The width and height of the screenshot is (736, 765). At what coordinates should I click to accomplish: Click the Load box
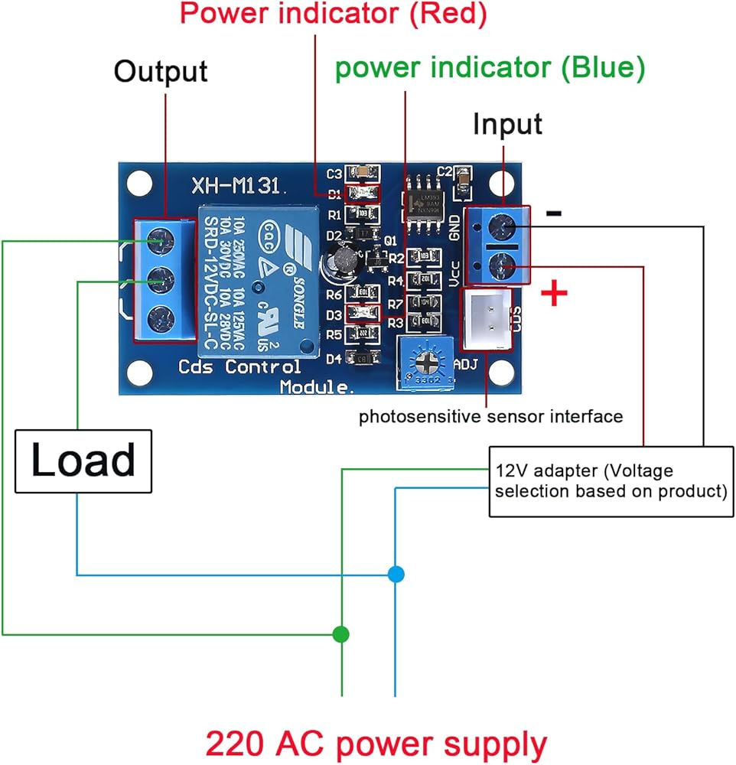tap(83, 461)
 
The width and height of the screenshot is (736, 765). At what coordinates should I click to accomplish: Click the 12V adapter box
tap(609, 480)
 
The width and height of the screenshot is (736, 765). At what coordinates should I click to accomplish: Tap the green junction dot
tap(341, 634)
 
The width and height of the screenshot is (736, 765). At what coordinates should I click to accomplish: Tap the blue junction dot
tap(395, 574)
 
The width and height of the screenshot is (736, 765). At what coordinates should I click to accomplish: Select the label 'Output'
tap(161, 72)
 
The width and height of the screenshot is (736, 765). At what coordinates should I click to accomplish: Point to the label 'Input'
tap(507, 124)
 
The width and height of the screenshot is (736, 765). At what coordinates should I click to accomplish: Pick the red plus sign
tap(554, 295)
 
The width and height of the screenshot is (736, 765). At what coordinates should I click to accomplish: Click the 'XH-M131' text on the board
tap(239, 184)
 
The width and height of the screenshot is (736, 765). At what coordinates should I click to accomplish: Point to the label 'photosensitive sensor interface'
tap(491, 417)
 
